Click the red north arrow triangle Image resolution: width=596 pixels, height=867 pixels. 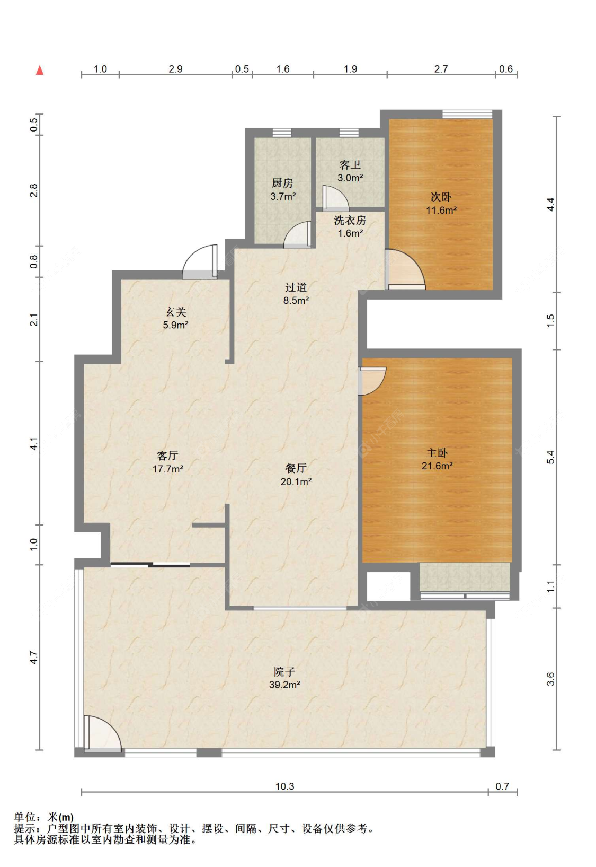tap(39, 70)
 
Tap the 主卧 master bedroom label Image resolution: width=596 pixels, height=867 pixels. tap(437, 452)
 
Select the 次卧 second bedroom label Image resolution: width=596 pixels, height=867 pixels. tap(441, 197)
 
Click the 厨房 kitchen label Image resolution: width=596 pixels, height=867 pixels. tap(282, 183)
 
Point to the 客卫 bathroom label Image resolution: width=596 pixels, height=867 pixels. tap(350, 165)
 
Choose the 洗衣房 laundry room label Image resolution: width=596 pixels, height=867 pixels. tap(350, 220)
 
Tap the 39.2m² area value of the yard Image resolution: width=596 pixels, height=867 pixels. tap(284, 685)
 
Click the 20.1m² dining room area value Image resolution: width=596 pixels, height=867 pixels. tap(296, 481)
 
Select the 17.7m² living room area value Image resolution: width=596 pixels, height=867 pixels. tap(167, 469)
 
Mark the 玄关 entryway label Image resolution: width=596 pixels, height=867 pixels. tap(175, 312)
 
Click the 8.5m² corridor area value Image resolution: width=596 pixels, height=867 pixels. tap(296, 300)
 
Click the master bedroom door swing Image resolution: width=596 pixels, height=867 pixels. tap(372, 381)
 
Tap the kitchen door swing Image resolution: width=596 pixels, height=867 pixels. tap(297, 234)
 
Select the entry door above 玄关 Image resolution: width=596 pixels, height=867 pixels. tap(200, 261)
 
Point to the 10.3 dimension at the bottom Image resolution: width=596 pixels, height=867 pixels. tap(284, 786)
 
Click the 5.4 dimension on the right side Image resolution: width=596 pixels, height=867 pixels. tap(550, 457)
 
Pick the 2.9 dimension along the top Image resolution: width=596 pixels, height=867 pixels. tap(175, 69)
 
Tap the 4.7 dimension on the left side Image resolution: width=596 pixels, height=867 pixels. tap(34, 657)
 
